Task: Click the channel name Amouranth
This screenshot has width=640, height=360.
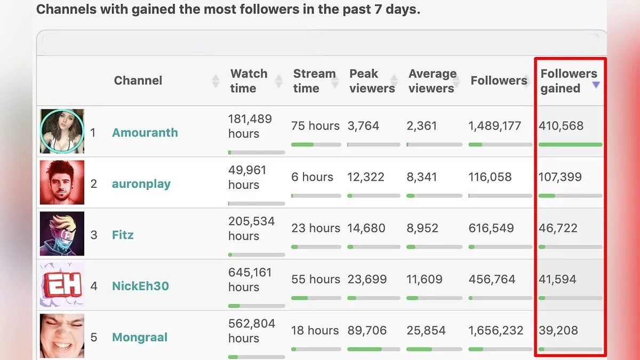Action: [145, 133]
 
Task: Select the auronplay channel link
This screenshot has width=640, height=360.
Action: [141, 184]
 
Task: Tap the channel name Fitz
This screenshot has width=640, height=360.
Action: [123, 235]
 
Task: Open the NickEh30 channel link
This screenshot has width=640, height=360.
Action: [140, 286]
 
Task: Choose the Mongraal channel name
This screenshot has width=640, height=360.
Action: [139, 337]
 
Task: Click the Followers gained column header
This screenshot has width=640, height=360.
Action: [569, 81]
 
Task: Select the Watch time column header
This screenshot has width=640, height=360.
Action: [249, 81]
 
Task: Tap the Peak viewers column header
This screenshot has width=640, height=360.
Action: [372, 81]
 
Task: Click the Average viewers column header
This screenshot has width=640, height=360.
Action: [433, 81]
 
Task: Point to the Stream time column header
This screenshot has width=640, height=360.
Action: [314, 81]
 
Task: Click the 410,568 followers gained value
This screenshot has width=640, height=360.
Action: [561, 126]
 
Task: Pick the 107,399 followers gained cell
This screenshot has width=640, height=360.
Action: [560, 177]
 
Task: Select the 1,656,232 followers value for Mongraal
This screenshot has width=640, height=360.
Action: [495, 331]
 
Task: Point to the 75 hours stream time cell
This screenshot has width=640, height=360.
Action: [315, 126]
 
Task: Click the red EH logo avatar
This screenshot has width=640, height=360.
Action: [62, 285]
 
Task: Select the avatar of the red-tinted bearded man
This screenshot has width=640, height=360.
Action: [62, 183]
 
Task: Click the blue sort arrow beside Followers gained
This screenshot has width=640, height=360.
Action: [596, 85]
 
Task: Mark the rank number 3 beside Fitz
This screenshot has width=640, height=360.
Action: [94, 235]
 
